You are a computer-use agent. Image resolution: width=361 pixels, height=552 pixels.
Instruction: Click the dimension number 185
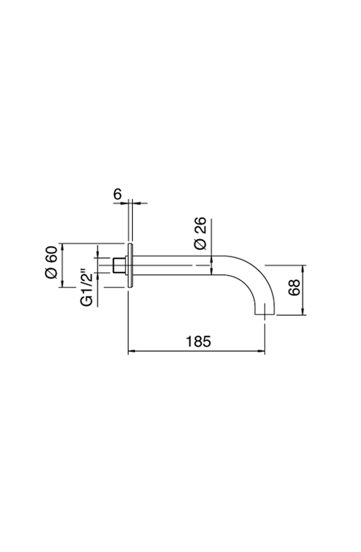198,342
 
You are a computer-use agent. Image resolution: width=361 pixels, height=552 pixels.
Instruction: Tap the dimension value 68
294,287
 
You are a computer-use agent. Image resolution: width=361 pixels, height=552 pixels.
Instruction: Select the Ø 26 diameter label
200,233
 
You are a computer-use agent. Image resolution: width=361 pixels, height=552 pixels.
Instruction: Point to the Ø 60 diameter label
51,262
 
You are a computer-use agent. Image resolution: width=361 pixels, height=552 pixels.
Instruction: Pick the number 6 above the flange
118,194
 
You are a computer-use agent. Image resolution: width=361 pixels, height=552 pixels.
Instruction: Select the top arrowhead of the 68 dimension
303,269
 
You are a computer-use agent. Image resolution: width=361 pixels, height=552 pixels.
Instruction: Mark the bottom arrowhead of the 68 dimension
303,311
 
